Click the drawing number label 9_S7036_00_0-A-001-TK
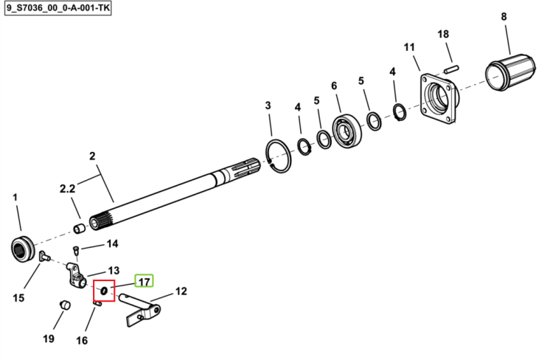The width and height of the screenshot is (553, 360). point(58,8)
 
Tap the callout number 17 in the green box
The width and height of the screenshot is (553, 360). point(145,282)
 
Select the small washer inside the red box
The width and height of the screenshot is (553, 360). point(104,291)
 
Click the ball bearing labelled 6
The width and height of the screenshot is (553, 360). point(347,131)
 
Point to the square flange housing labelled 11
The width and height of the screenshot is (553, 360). point(439,99)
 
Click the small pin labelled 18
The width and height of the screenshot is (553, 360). point(451,69)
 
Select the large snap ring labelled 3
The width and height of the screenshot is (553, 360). point(278,156)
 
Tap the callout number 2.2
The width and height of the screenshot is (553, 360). point(67,189)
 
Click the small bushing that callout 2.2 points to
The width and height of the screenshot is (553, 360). point(80,229)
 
